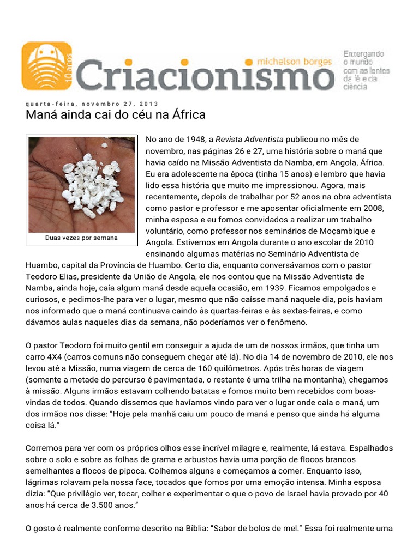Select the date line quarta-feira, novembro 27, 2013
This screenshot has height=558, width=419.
pos(92,104)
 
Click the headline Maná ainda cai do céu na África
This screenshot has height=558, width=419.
pos(116,115)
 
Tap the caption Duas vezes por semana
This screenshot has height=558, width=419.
pos(81,238)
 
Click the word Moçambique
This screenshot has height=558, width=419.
pos(362,231)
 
